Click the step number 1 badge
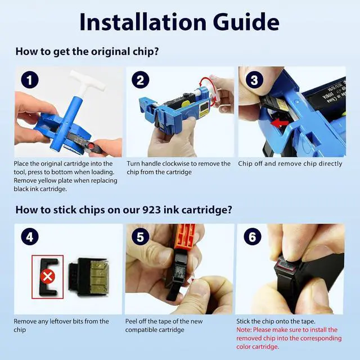point(30,80)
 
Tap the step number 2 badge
point(141,80)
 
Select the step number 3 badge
point(254,80)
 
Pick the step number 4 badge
point(30,237)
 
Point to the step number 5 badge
point(141,237)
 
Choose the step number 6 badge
point(253,237)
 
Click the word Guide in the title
point(246,22)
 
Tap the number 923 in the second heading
point(151,210)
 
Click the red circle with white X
point(48,276)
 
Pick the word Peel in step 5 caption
point(131,321)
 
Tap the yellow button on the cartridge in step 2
point(184,105)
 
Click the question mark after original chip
point(155,51)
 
